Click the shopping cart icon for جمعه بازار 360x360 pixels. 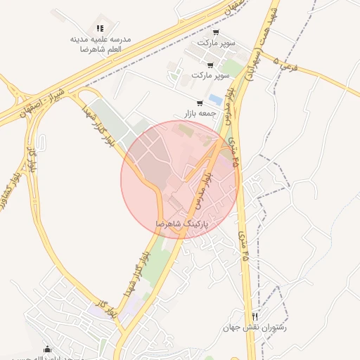point(200,103)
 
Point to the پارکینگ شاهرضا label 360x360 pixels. point(183,223)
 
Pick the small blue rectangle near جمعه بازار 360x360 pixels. point(215,99)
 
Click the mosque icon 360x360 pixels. point(48,349)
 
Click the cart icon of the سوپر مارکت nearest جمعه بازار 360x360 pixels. point(210,65)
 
